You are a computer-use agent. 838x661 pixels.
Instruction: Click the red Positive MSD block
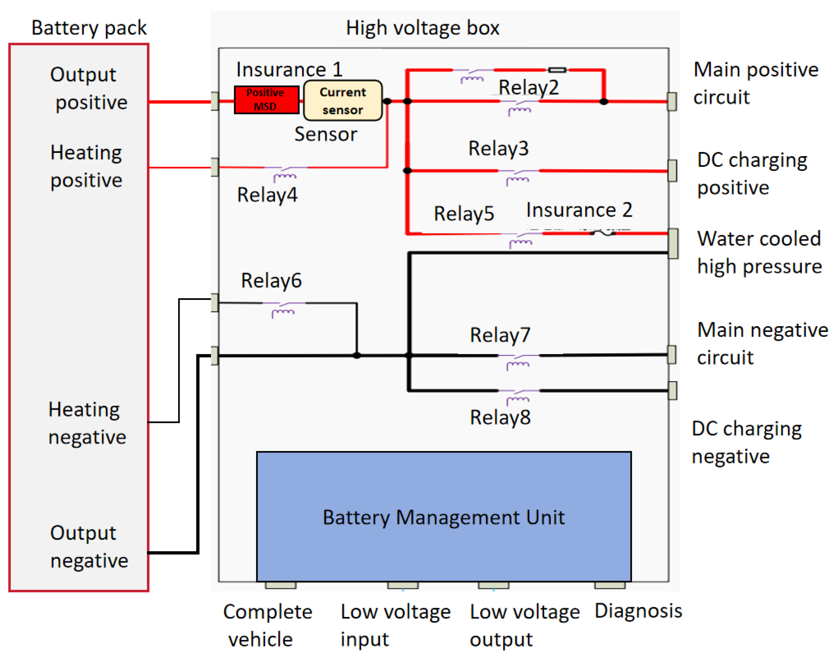coord(267,99)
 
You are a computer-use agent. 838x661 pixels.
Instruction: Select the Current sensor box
coord(343,100)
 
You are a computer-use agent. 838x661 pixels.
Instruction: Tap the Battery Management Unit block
coord(444,516)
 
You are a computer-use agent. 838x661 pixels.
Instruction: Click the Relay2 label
coord(528,87)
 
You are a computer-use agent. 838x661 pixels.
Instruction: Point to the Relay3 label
coord(498,148)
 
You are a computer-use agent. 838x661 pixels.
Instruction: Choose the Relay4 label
coord(267,195)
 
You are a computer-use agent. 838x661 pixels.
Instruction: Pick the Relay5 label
coord(464,214)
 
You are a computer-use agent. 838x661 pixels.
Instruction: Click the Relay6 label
coord(271,280)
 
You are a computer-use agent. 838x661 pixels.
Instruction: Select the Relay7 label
coord(500,335)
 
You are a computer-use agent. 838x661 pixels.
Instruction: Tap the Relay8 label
coord(500,417)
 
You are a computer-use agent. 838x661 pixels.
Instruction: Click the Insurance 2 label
coord(579,210)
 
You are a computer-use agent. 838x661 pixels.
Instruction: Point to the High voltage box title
coord(422,28)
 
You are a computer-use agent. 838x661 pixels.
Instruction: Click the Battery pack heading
coord(89,28)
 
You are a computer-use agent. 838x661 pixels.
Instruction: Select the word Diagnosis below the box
coord(638,611)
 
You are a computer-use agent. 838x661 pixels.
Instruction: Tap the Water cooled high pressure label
coord(759,252)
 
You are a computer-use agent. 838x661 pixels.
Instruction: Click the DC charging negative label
coord(746,442)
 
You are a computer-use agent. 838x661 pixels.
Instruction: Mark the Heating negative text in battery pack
coord(87,423)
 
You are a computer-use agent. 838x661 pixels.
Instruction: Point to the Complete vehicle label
coord(267,625)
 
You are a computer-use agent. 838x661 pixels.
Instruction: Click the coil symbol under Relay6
coord(283,313)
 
